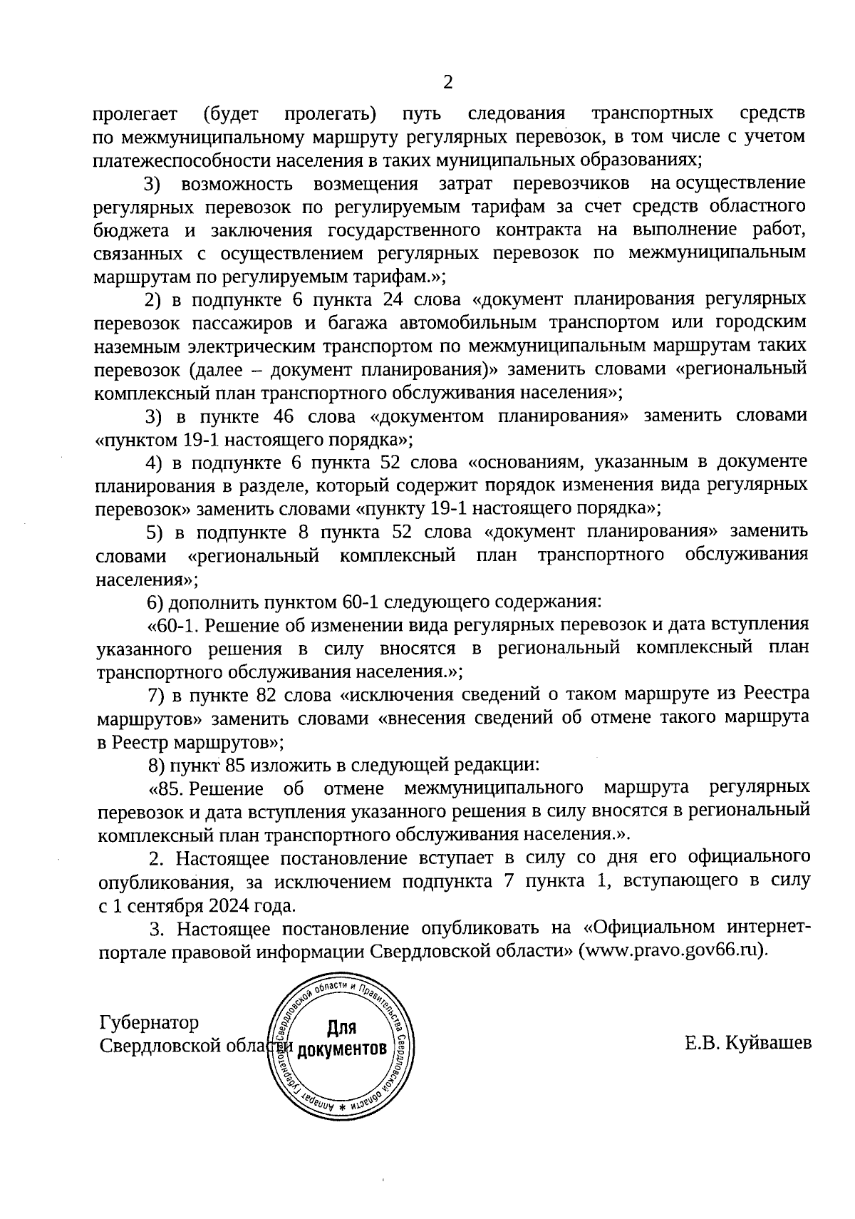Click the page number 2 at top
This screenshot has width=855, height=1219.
click(x=447, y=83)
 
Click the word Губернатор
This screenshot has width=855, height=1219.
click(x=150, y=1022)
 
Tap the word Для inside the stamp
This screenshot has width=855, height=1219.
click(x=341, y=1027)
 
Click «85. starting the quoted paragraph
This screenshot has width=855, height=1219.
click(x=167, y=788)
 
